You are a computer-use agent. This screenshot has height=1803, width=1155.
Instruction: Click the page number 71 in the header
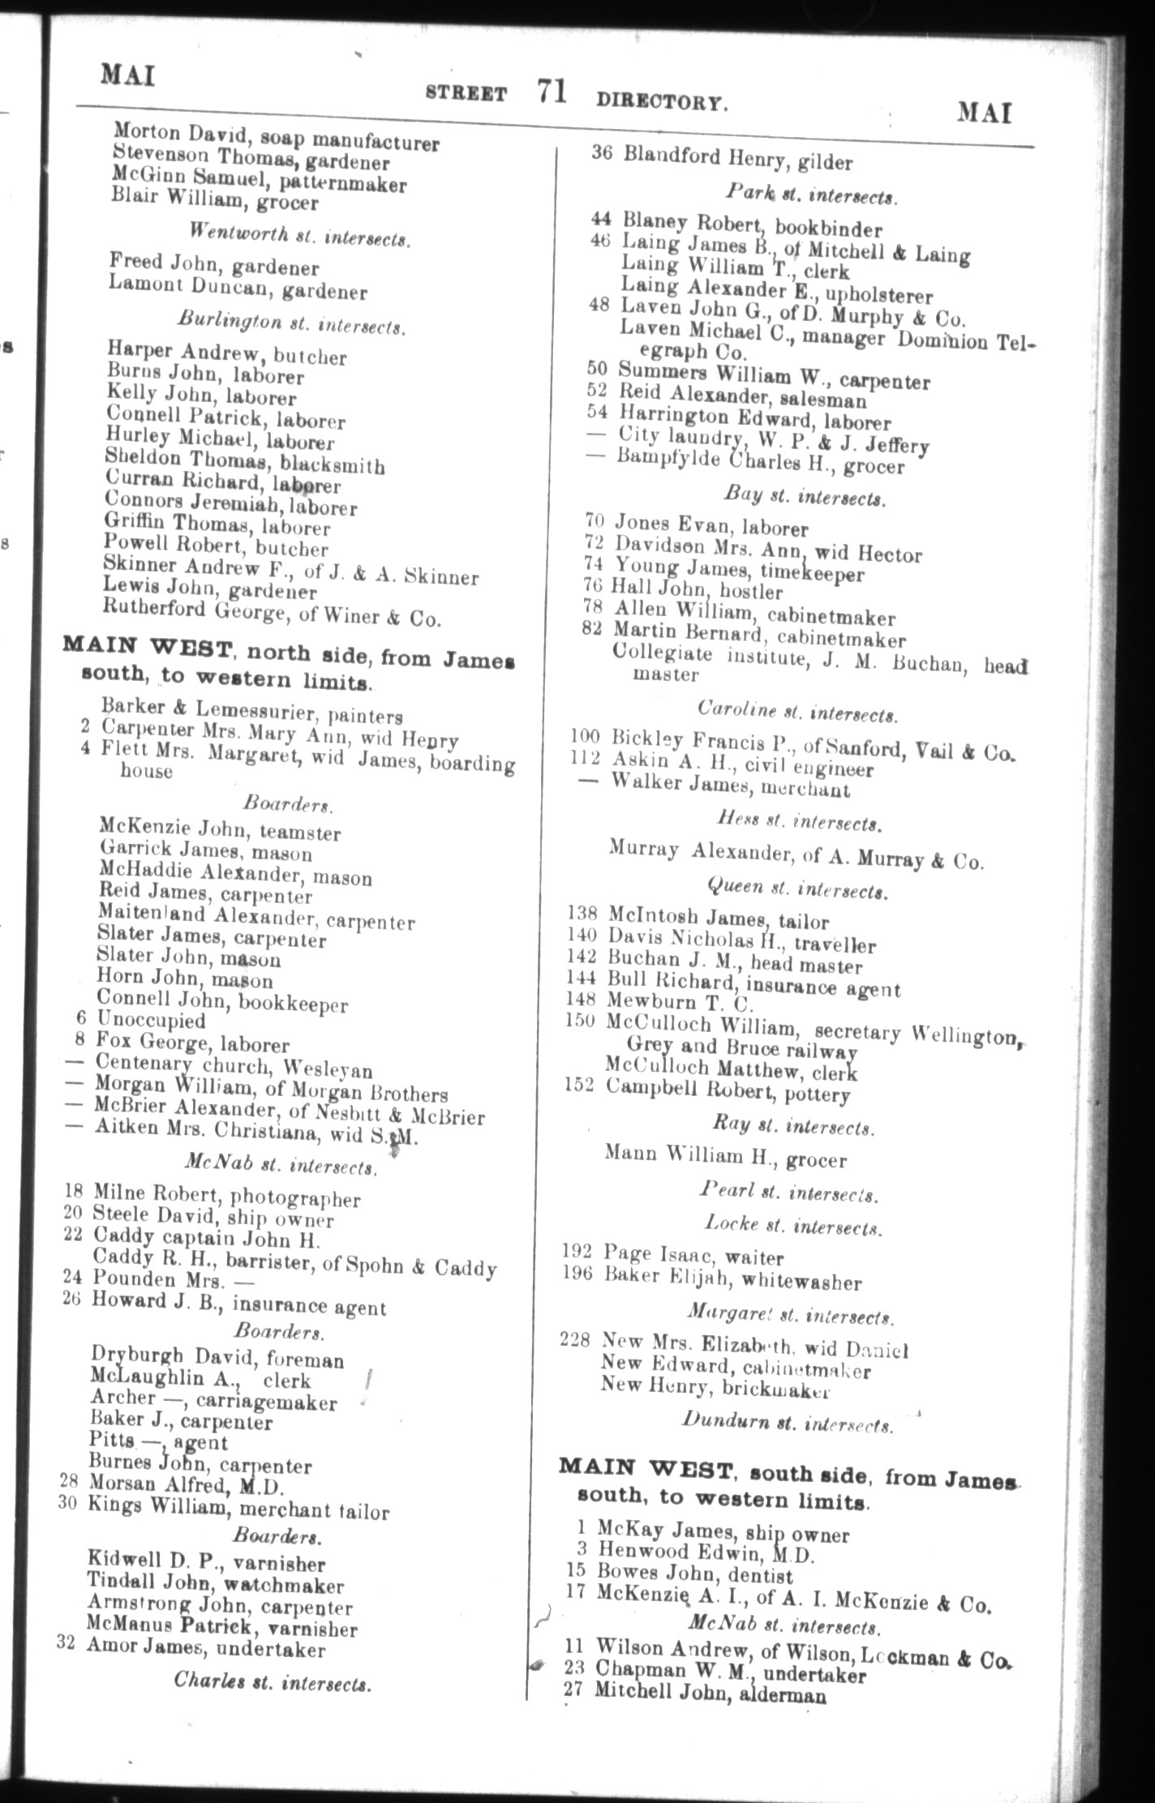(x=550, y=92)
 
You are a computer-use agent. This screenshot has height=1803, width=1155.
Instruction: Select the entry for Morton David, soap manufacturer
(x=276, y=136)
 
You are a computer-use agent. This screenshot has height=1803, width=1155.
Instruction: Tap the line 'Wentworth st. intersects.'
(x=299, y=235)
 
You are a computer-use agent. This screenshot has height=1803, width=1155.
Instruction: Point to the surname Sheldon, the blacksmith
(x=136, y=458)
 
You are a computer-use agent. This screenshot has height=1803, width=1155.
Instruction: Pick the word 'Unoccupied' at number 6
(x=151, y=1021)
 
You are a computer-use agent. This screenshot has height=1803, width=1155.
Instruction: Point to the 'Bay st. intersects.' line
(x=803, y=495)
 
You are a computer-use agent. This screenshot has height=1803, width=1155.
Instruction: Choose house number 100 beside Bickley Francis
(x=584, y=738)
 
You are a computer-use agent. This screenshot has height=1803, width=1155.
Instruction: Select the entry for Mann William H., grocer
(x=724, y=1157)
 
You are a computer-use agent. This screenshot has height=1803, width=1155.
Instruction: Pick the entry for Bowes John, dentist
(x=694, y=1576)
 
